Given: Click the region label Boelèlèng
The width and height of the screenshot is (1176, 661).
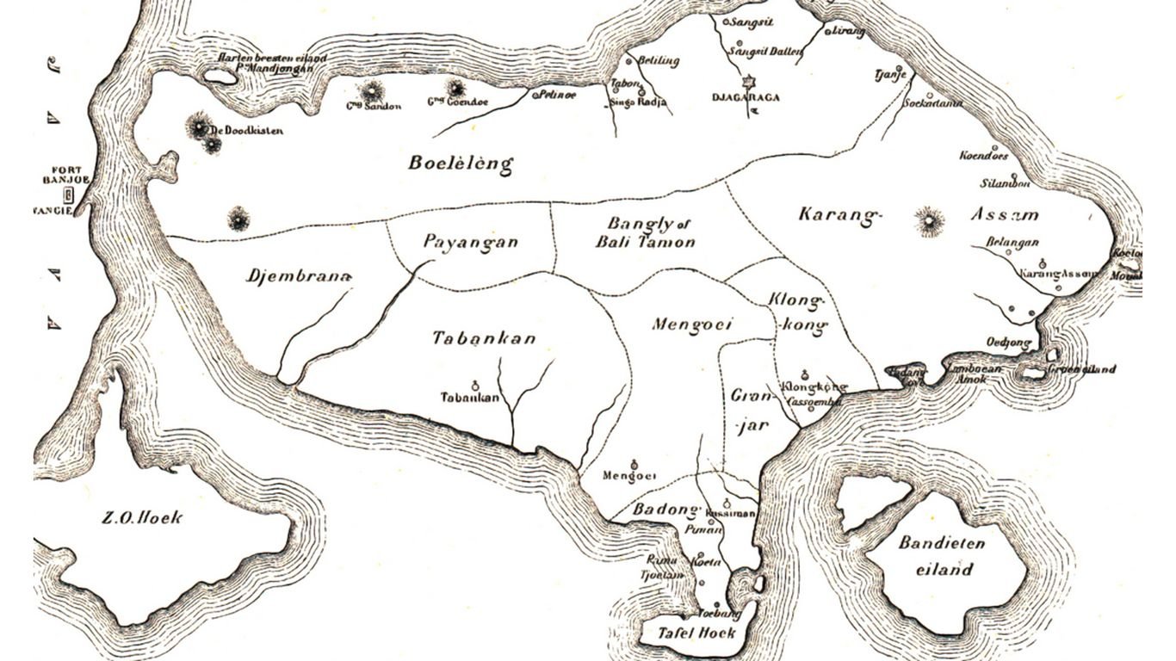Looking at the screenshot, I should pyautogui.click(x=461, y=164).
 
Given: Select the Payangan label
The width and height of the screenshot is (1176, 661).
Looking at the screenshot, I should pyautogui.click(x=471, y=242).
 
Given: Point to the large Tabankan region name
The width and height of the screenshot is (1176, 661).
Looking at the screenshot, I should pyautogui.click(x=484, y=338).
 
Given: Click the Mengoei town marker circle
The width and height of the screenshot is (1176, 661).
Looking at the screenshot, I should pyautogui.click(x=635, y=463).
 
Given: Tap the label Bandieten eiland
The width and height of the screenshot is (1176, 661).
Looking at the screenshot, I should pyautogui.click(x=941, y=556).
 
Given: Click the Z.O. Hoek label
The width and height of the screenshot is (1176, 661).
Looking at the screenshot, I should pyautogui.click(x=142, y=517).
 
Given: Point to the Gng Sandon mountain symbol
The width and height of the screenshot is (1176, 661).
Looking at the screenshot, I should pyautogui.click(x=373, y=90).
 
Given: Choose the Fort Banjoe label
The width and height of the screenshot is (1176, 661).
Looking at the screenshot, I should pyautogui.click(x=65, y=174).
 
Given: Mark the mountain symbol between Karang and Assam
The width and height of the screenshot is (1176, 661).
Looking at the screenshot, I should pyautogui.click(x=929, y=221).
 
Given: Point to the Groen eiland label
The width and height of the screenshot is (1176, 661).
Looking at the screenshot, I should pyautogui.click(x=1081, y=369).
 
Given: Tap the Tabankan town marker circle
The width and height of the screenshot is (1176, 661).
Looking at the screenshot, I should pyautogui.click(x=474, y=385).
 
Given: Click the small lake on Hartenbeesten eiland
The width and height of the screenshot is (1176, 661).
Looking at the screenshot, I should pyautogui.click(x=220, y=77).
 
